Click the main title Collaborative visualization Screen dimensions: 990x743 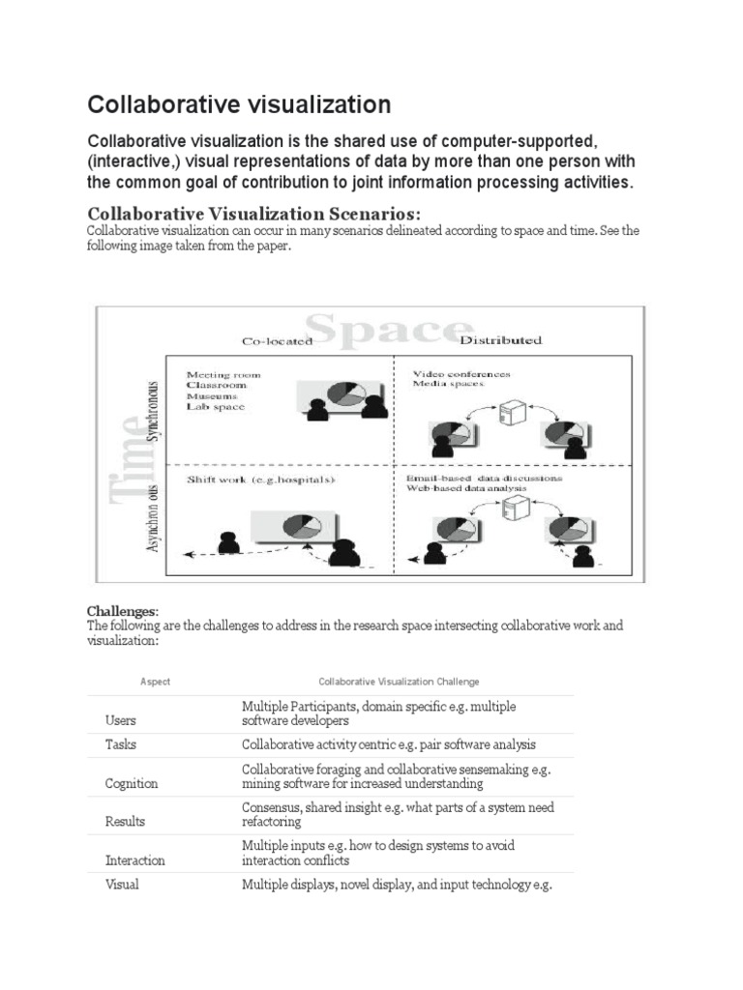239,104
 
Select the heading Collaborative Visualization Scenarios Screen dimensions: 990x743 254,213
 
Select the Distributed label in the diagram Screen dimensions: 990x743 500,340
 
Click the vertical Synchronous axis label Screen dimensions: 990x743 152,411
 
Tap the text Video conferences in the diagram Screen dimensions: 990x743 461,373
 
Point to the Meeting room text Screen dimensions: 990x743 223,374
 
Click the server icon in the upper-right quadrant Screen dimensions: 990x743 509,413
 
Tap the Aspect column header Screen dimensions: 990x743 155,682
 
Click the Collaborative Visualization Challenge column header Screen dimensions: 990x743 399,682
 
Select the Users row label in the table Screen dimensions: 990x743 121,720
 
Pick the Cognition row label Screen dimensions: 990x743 131,783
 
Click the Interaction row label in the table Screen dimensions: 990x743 134,859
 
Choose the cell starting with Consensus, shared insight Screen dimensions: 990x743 397,814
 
